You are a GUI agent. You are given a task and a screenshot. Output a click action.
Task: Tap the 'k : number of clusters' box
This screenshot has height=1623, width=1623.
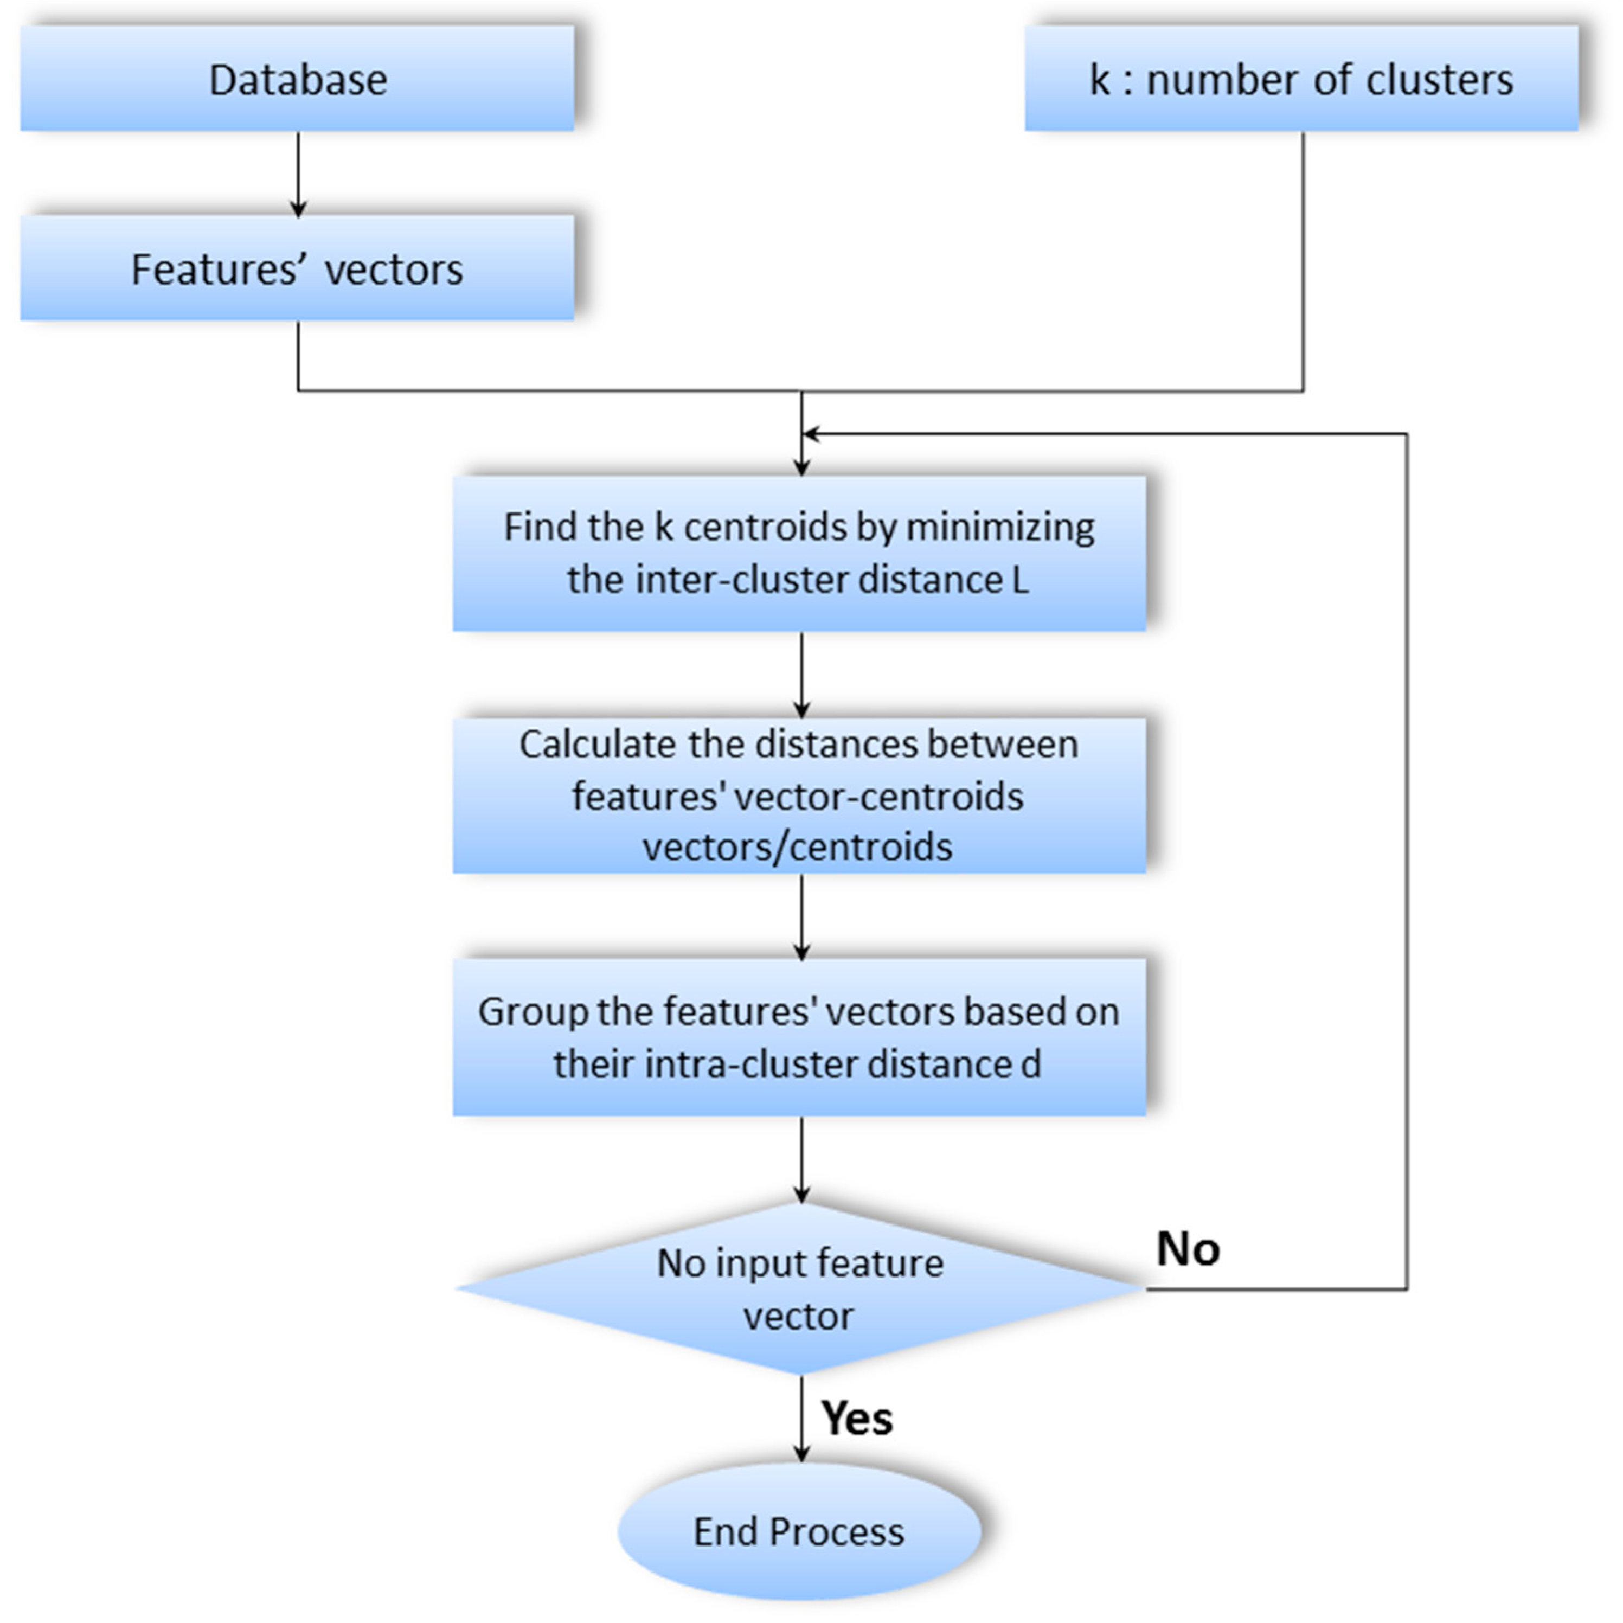pos(1301,78)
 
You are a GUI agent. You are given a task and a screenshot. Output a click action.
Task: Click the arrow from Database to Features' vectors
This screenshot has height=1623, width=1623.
pos(298,174)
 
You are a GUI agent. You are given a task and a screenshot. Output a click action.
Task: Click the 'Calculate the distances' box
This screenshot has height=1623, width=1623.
pos(799,795)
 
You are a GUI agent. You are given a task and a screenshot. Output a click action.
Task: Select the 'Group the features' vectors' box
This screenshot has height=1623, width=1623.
pos(799,1037)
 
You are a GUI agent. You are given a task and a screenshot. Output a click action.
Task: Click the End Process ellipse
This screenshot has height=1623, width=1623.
pos(799,1531)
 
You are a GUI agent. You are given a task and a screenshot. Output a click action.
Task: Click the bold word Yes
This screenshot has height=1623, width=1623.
pos(857,1419)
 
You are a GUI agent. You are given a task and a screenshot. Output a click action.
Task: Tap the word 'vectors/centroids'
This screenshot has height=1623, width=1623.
pos(797,847)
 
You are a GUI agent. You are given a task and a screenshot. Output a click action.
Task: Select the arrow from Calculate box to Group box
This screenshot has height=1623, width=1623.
pos(801,916)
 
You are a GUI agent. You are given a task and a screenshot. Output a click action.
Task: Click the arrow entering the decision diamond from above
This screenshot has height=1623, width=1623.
pos(801,1159)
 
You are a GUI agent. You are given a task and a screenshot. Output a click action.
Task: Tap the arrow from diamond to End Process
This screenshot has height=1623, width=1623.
pos(801,1420)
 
